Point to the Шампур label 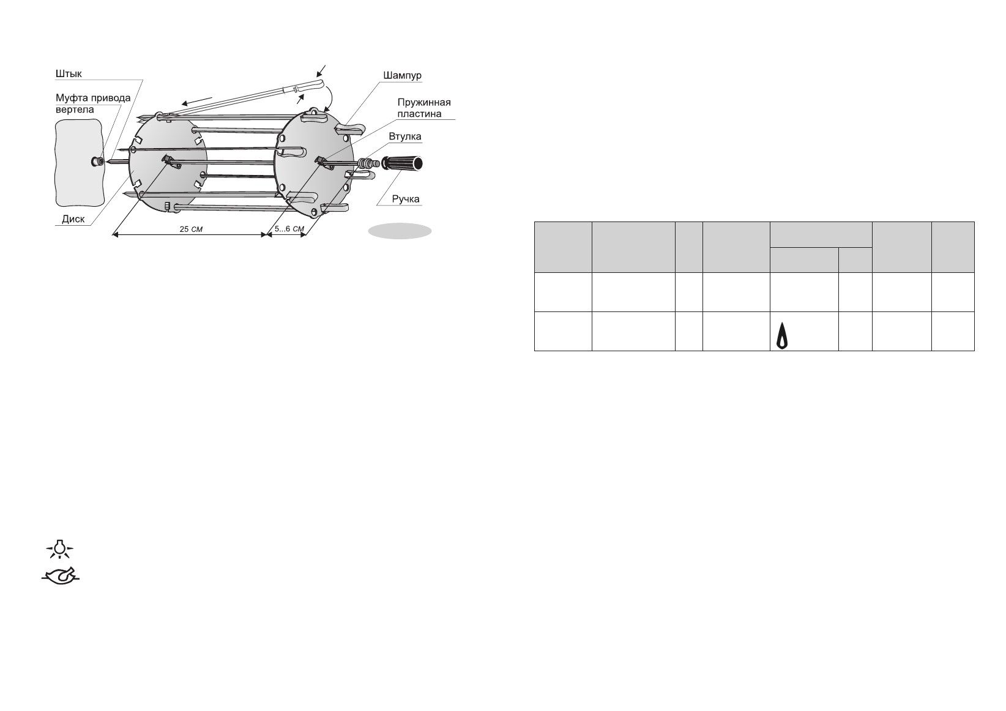point(402,76)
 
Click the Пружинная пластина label point(424,108)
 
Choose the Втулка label point(405,136)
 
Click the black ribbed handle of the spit point(403,163)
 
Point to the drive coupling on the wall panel point(96,162)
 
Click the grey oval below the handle point(400,231)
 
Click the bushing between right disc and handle point(367,163)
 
